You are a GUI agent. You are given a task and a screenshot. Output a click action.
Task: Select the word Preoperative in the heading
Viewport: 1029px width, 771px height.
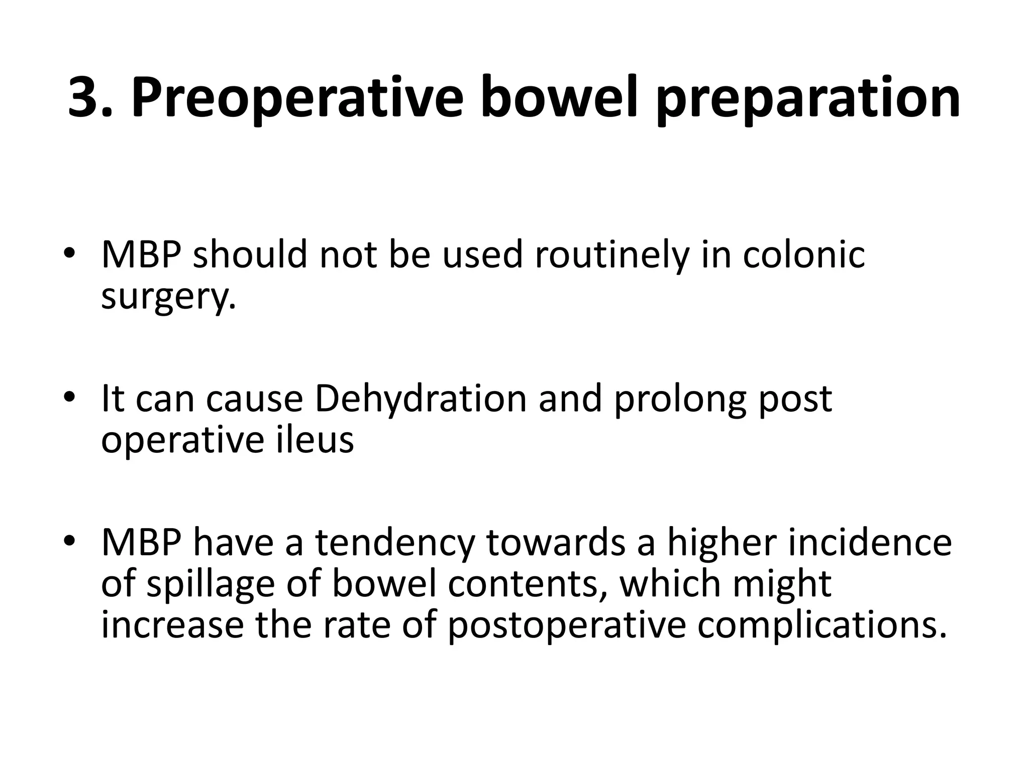coord(297,98)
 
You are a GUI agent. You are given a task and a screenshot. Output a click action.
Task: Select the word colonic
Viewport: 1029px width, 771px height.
coord(803,254)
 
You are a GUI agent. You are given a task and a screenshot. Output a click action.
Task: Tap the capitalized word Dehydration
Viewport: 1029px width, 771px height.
coord(420,399)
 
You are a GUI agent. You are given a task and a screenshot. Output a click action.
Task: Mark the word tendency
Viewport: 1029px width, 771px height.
coord(394,544)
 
